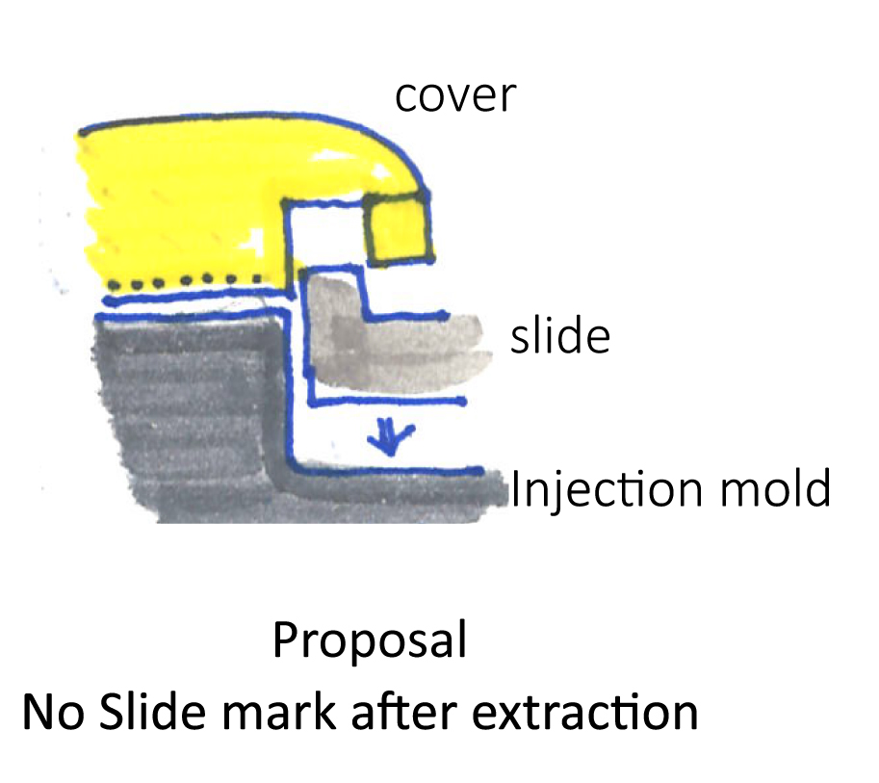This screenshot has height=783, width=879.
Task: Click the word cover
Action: tap(455, 96)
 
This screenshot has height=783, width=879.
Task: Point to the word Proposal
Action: tap(370, 641)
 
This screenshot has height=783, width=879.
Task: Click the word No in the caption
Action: tap(49, 714)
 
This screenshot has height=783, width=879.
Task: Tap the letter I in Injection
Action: tap(515, 489)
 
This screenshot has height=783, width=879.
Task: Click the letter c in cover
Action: tap(405, 98)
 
